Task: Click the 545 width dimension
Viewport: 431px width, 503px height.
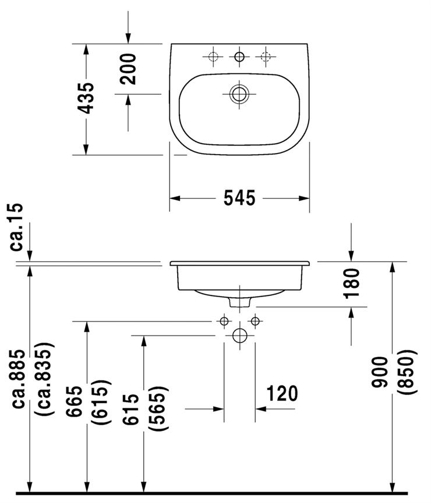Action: tap(239, 198)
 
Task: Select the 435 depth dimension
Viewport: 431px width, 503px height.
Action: tap(86, 98)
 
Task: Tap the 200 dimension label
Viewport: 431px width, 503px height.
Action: tap(128, 69)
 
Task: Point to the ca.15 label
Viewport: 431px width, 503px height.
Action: tap(17, 227)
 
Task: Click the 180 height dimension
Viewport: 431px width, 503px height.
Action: tap(351, 284)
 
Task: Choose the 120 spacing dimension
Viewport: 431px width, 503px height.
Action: tap(282, 394)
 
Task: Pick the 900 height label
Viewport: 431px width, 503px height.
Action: tap(380, 372)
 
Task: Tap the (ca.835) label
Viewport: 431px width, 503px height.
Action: tap(45, 379)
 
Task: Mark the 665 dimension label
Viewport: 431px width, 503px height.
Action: tap(75, 402)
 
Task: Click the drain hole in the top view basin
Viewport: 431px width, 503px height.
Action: tap(239, 94)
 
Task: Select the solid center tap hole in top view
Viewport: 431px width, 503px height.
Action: tap(239, 57)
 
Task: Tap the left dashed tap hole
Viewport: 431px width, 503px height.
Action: tap(213, 57)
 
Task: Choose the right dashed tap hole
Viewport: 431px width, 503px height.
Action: tap(266, 57)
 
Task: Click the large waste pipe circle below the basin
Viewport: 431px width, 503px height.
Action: tap(239, 336)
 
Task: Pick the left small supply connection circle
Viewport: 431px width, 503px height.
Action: tap(224, 321)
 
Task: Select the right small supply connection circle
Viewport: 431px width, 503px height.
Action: tap(255, 321)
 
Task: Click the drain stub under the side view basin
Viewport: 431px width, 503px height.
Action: tap(240, 302)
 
